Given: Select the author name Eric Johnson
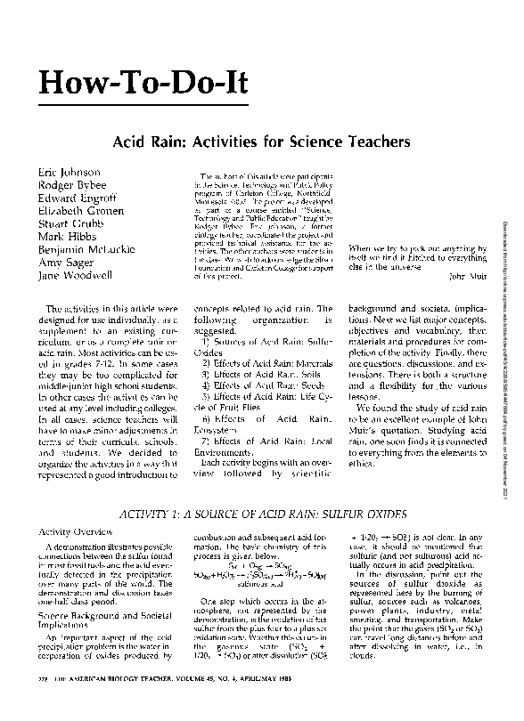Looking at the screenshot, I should [68, 171].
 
